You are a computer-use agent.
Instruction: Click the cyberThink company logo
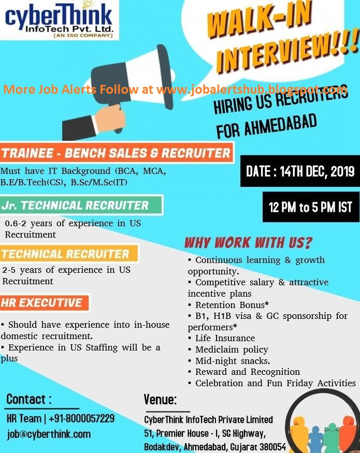[59, 20]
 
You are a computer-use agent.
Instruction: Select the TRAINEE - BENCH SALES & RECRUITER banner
[117, 153]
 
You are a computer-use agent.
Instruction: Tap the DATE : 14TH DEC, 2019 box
[300, 171]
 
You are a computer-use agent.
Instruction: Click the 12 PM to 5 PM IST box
[310, 208]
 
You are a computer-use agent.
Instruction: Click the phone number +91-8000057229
[83, 418]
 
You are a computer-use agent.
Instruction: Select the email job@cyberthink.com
[49, 434]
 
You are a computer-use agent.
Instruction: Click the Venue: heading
[161, 400]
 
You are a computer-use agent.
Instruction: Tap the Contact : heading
[29, 399]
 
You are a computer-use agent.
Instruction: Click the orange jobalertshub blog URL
[252, 90]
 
